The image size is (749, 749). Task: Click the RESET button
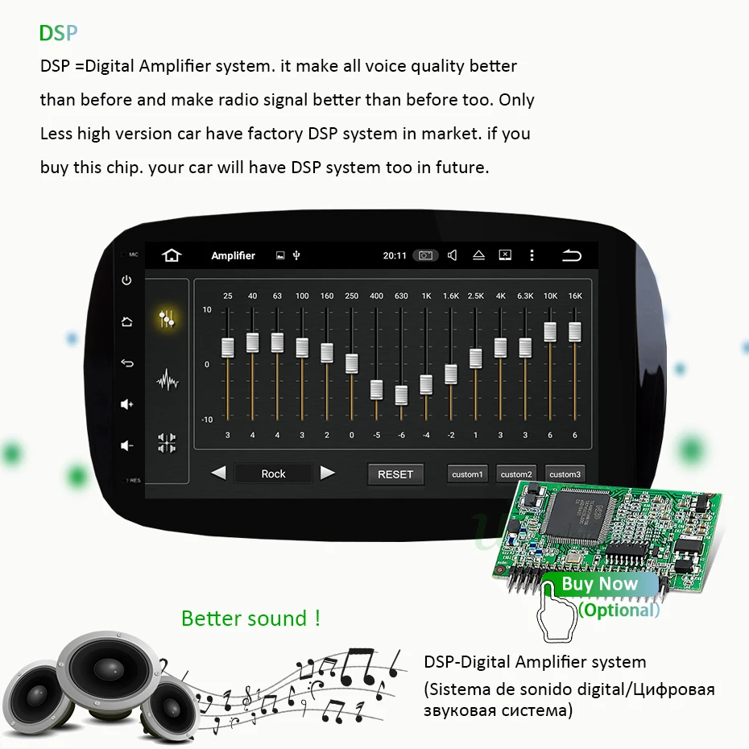[x=395, y=474]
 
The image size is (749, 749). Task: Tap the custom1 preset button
[x=467, y=474]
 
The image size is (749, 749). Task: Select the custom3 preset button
[x=565, y=474]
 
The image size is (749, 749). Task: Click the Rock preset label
[x=273, y=474]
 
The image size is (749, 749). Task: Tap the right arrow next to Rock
[x=327, y=473]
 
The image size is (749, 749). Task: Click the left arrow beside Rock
[x=218, y=473]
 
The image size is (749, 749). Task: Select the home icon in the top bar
[x=172, y=255]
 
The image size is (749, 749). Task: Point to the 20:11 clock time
[x=395, y=255]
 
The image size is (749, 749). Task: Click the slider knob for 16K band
[x=575, y=332]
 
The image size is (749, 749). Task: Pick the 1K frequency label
[x=426, y=296]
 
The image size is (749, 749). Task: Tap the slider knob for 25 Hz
[x=228, y=347]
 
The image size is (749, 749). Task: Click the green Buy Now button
[x=600, y=584]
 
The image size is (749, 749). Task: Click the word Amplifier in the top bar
[x=233, y=255]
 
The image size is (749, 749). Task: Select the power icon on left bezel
[x=126, y=280]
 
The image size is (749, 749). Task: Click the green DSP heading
[x=58, y=33]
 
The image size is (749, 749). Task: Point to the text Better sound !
[x=250, y=619]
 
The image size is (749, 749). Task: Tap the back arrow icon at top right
[x=571, y=255]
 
